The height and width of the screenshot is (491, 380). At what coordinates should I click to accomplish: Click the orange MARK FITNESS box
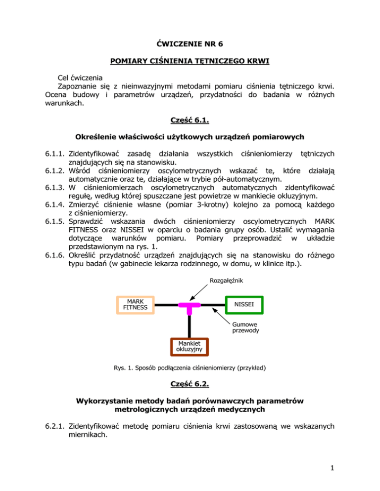pos(135,304)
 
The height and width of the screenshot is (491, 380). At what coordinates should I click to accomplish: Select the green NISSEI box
pos(244,304)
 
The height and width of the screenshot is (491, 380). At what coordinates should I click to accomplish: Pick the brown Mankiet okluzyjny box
pos(190,346)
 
